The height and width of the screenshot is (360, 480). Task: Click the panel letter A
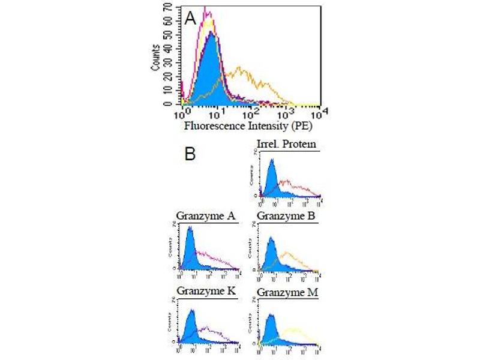point(191,18)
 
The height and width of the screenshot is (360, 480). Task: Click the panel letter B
point(190,154)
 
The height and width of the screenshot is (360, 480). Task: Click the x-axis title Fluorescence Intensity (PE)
point(249,126)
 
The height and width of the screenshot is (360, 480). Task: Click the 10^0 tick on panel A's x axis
point(182,112)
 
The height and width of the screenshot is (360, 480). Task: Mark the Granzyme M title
point(286,293)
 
